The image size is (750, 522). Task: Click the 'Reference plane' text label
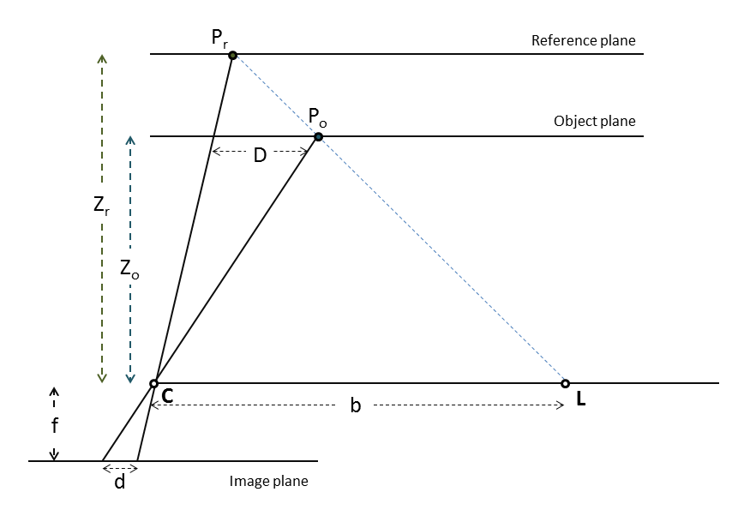pyautogui.click(x=584, y=40)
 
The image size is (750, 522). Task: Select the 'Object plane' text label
pyautogui.click(x=595, y=121)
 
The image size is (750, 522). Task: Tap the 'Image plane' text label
pyautogui.click(x=268, y=482)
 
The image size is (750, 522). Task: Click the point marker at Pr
pyautogui.click(x=232, y=55)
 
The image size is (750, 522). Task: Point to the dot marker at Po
pyautogui.click(x=318, y=136)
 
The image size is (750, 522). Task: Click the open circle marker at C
pyautogui.click(x=153, y=383)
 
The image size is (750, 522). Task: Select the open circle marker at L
pyautogui.click(x=565, y=383)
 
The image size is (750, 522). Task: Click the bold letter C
pyautogui.click(x=167, y=398)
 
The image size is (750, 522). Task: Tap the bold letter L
pyautogui.click(x=581, y=399)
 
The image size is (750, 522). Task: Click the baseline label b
pyautogui.click(x=356, y=405)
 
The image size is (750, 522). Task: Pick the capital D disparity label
pyautogui.click(x=260, y=156)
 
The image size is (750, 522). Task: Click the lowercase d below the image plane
pyautogui.click(x=120, y=482)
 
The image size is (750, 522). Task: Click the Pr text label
pyautogui.click(x=221, y=37)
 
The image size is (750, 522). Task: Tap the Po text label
pyautogui.click(x=316, y=117)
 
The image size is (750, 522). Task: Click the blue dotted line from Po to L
pyautogui.click(x=441, y=260)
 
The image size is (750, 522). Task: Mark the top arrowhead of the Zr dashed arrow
pyautogui.click(x=102, y=59)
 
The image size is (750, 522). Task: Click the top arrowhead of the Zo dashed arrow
pyautogui.click(x=130, y=140)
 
